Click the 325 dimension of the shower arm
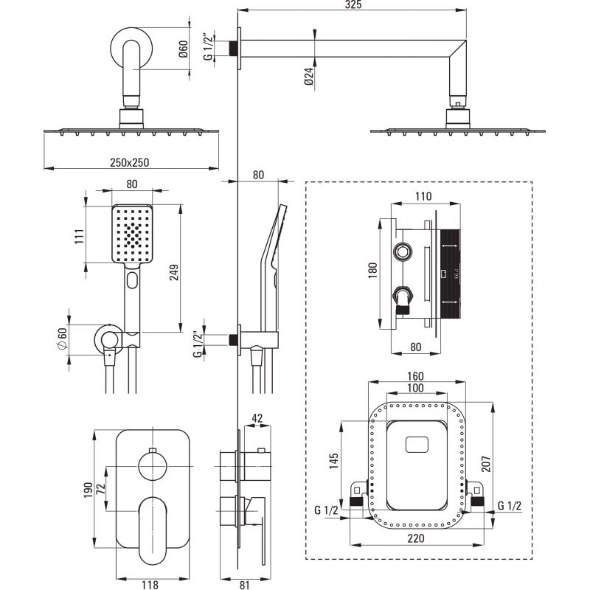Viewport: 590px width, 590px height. (353, 4)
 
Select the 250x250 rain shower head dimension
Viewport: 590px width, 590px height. (130, 162)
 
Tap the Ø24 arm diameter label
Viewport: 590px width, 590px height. (309, 77)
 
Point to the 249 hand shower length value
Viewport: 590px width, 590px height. (174, 272)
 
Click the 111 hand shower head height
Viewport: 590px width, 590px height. (80, 236)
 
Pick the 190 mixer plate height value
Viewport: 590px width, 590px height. (88, 490)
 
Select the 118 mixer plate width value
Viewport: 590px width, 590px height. (150, 584)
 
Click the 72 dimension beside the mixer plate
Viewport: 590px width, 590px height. (101, 489)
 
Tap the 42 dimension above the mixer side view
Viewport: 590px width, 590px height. (257, 418)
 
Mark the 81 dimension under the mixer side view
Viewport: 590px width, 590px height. (245, 584)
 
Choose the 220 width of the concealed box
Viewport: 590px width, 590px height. (416, 538)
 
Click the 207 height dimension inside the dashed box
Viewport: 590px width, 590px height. (486, 464)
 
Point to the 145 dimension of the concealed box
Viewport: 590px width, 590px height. (334, 461)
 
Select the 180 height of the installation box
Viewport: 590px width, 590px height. (372, 270)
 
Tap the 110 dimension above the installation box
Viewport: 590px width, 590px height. (423, 196)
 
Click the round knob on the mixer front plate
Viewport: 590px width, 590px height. (153, 467)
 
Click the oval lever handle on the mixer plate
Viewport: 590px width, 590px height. (153, 530)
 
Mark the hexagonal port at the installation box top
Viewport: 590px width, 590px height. (402, 251)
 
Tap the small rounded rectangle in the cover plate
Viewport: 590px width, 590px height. (417, 445)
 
